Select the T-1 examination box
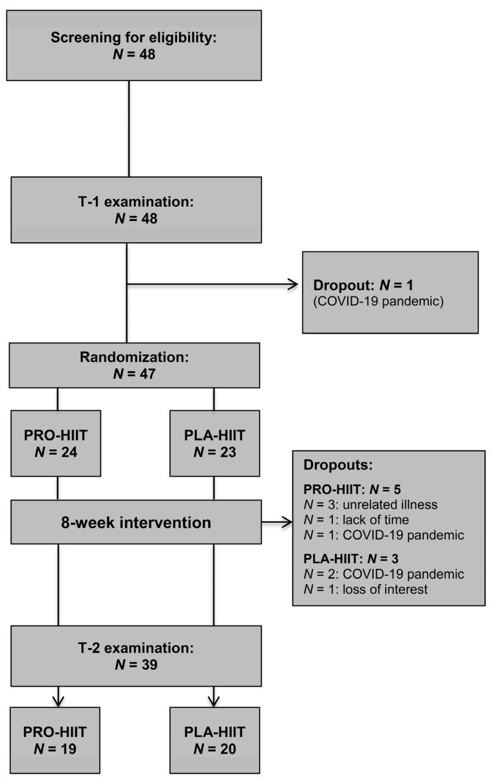(135, 210)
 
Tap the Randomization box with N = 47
(135, 365)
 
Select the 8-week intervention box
(135, 522)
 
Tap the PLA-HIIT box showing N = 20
(214, 740)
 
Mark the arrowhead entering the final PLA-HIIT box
(214, 701)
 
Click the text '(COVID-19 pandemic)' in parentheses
(378, 301)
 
